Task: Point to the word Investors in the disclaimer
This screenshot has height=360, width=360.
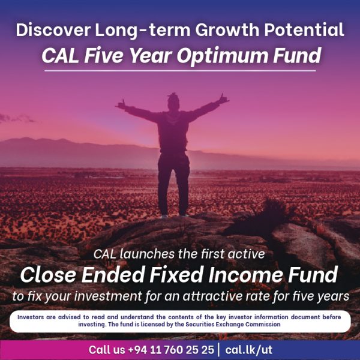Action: [x=35, y=317]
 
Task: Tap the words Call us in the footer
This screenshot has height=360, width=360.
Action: [x=107, y=349]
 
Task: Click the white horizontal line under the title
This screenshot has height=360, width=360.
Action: [x=180, y=71]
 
